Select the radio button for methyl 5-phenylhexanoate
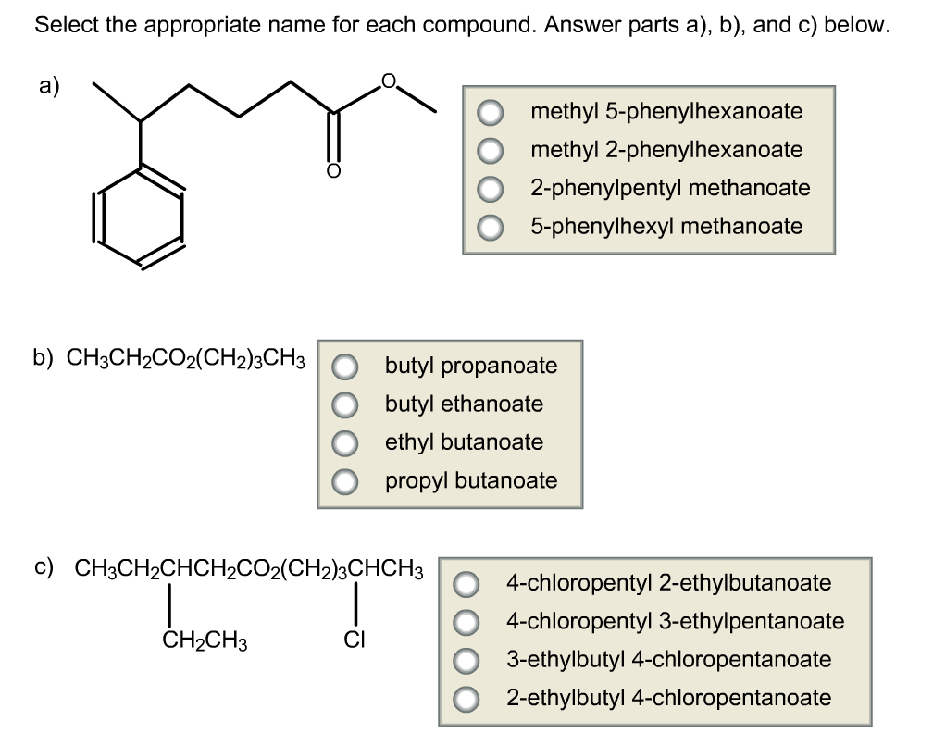tap(491, 113)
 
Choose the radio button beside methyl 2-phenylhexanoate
tap(491, 151)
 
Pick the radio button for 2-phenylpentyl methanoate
tap(491, 189)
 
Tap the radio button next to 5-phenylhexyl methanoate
tap(491, 227)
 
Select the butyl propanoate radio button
tap(345, 367)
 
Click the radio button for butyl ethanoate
tap(345, 404)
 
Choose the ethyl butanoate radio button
tap(345, 443)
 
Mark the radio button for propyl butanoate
tap(345, 481)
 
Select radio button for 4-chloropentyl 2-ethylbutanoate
tap(466, 584)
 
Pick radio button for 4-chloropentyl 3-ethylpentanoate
tap(466, 622)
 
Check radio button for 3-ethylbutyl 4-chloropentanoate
tap(466, 661)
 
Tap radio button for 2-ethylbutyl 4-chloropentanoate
tap(466, 699)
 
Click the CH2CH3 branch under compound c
tap(205, 639)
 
